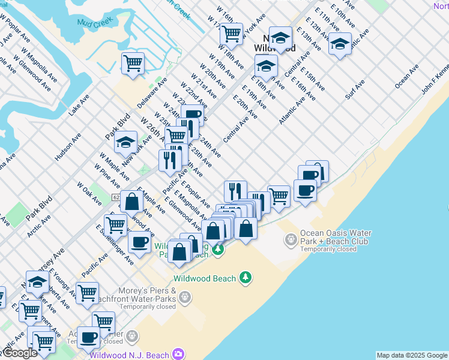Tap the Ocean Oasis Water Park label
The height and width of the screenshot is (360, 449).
coord(336,237)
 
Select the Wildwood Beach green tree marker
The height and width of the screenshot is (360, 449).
coord(245,277)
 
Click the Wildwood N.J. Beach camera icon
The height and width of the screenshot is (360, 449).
coord(178,354)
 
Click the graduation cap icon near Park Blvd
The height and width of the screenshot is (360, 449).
coord(126,143)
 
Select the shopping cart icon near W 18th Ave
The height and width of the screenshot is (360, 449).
coord(231,33)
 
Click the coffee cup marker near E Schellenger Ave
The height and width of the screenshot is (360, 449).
coord(140,242)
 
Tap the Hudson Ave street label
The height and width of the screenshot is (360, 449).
coord(68,147)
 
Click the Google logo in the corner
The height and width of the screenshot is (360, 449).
coord(20,353)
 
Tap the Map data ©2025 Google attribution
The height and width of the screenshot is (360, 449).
coord(411,355)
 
